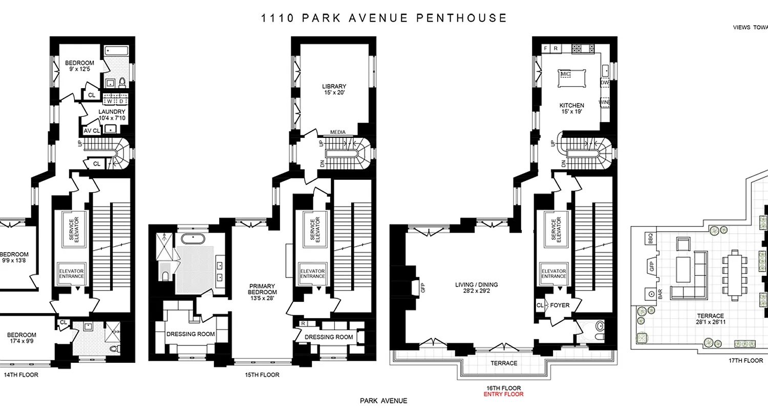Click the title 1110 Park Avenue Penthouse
coord(384,18)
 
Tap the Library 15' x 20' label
coord(334,90)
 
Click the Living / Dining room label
coord(476,289)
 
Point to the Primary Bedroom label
coord(263,292)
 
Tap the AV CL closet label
coord(92,131)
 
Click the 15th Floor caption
coord(263,375)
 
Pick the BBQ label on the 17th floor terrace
coord(651,238)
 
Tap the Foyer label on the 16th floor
coord(560,305)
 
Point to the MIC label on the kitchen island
coord(566,74)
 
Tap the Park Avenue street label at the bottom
coord(384,401)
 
